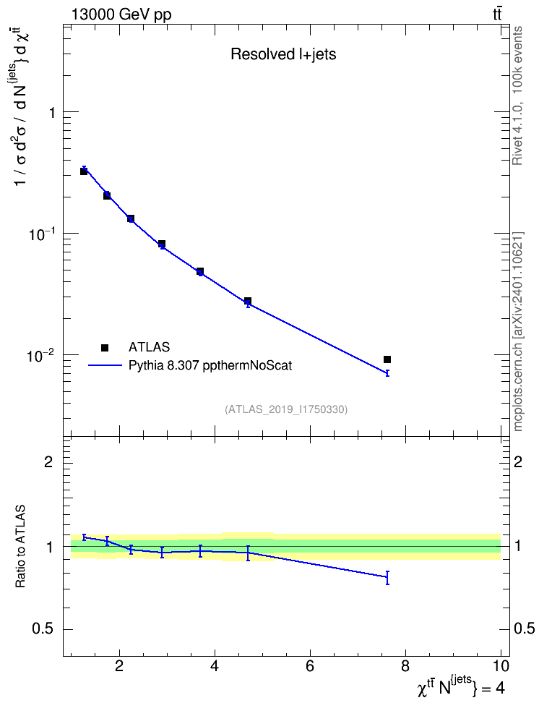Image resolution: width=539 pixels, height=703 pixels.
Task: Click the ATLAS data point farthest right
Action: click(387, 359)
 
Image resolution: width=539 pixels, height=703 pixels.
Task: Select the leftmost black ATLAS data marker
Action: click(84, 171)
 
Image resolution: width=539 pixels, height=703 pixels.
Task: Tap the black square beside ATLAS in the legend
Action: click(105, 347)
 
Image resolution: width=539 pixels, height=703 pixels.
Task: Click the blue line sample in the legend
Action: click(105, 365)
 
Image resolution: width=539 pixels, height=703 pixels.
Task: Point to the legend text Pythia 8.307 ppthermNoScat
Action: click(210, 366)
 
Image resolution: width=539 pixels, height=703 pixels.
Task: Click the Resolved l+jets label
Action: click(283, 54)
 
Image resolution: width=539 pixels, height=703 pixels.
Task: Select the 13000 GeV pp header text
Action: click(121, 14)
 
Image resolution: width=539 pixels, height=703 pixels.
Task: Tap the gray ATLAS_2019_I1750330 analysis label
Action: click(286, 409)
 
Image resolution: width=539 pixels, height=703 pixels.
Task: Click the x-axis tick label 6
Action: click(310, 666)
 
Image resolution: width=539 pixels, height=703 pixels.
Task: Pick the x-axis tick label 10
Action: click(501, 666)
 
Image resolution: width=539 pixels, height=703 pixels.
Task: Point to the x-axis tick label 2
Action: click(118, 666)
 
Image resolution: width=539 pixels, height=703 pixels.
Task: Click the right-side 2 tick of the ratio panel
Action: click(518, 461)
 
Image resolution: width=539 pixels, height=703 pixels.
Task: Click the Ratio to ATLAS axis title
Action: click(20, 547)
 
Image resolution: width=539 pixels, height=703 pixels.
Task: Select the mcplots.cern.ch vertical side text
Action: click(517, 331)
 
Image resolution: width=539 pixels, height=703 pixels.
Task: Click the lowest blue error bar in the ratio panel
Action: click(387, 577)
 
